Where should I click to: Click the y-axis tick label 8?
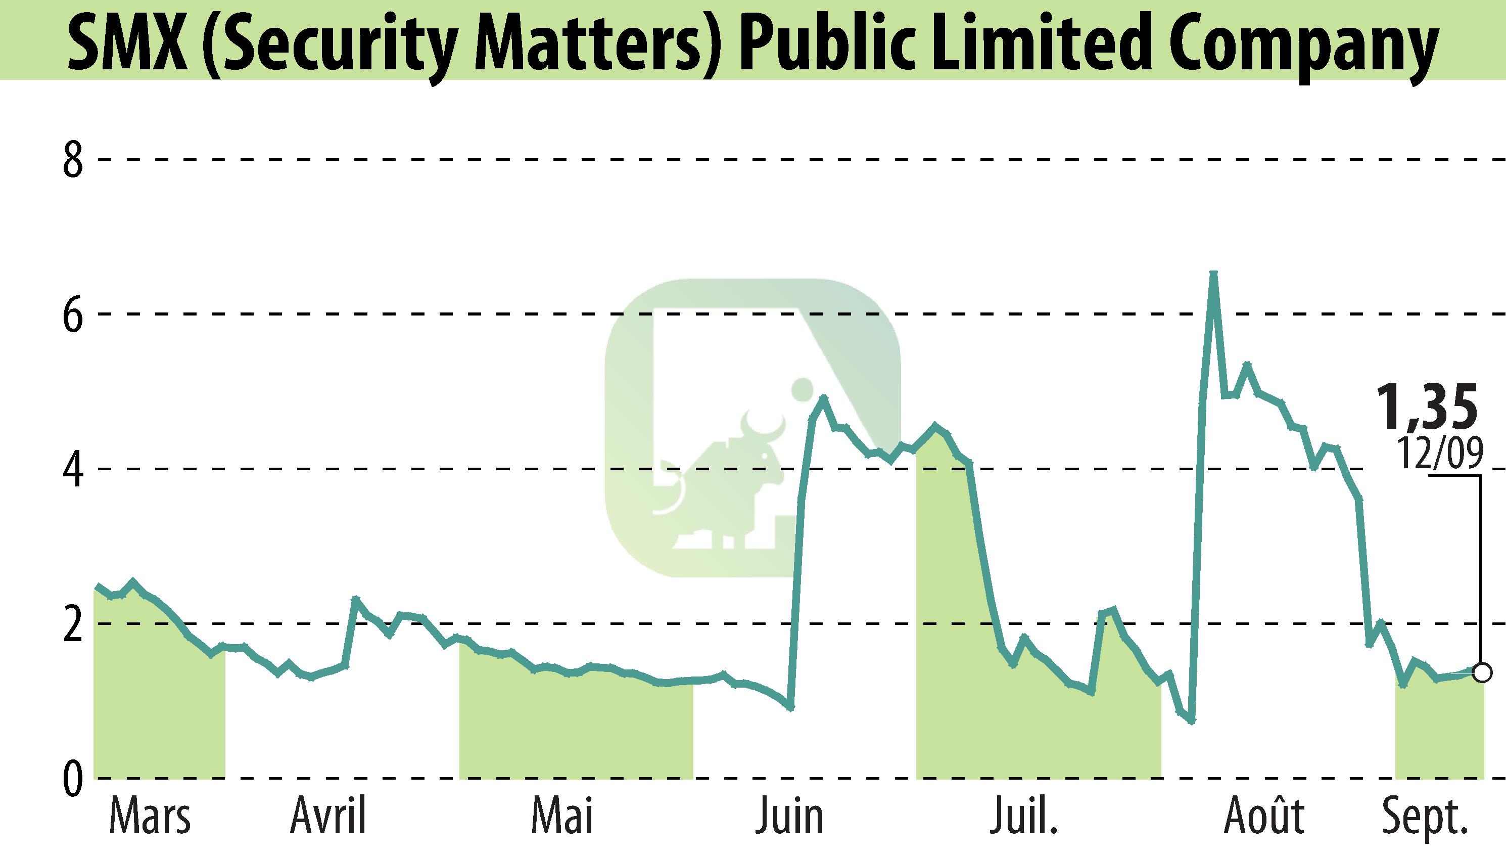pyautogui.click(x=72, y=160)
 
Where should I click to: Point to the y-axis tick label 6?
pyautogui.click(x=72, y=314)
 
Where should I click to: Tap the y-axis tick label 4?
pyautogui.click(x=72, y=469)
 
